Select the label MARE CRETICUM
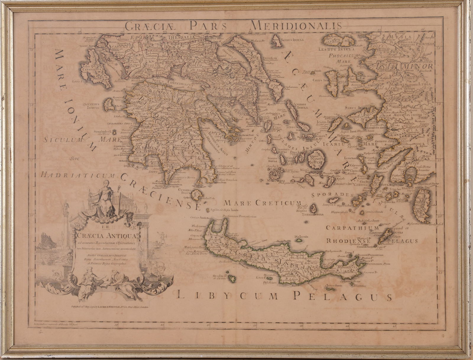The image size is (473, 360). [263, 203]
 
